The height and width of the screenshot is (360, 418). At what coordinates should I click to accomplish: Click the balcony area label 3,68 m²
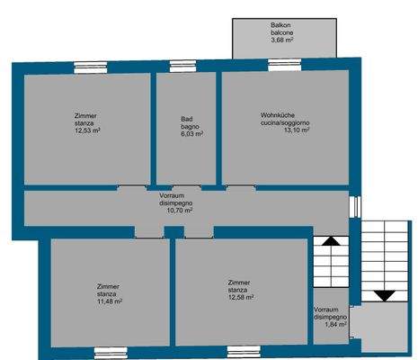tap(282, 40)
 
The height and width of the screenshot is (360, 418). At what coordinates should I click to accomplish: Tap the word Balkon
tap(280, 25)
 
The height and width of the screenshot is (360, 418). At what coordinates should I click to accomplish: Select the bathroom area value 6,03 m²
tap(192, 134)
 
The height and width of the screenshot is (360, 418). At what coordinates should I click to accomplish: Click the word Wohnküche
tap(278, 115)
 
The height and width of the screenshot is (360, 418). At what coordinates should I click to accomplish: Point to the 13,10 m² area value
tap(297, 130)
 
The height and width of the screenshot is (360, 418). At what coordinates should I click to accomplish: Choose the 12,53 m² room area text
tap(87, 130)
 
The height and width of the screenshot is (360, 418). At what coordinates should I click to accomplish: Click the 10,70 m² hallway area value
tap(180, 211)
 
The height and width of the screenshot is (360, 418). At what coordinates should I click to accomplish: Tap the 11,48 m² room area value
tap(110, 301)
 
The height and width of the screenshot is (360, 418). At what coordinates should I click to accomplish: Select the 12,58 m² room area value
tap(241, 297)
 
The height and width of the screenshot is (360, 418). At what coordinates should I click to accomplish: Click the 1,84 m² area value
tap(336, 324)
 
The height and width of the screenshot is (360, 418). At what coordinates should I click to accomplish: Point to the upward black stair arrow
tap(331, 241)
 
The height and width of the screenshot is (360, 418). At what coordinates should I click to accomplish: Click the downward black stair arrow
tap(386, 296)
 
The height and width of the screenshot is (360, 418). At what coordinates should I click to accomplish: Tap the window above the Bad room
tap(183, 67)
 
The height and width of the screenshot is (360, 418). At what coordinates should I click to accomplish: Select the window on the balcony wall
tap(285, 65)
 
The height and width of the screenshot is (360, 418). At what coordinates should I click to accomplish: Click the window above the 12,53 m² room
tap(91, 67)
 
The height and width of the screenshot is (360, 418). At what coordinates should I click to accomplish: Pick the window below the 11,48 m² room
tap(111, 353)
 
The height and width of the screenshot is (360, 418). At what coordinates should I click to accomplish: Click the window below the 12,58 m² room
tap(244, 352)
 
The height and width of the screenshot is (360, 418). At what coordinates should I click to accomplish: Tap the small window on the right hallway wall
tap(355, 206)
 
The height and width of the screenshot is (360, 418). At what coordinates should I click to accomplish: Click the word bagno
tap(190, 127)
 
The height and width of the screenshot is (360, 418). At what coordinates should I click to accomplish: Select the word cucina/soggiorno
tap(285, 122)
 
